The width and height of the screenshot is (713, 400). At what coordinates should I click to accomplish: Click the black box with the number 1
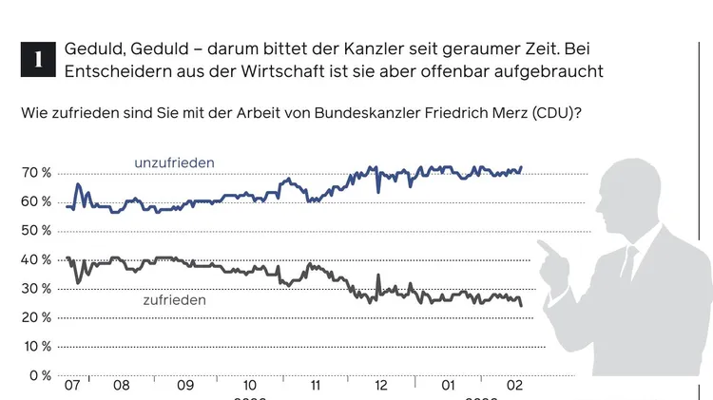37,58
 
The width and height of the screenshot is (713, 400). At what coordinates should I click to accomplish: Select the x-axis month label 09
185,387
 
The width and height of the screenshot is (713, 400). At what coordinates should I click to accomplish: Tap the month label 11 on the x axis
315,387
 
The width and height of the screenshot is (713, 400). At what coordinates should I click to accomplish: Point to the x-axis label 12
381,387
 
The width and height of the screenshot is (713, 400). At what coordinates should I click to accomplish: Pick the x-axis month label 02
514,387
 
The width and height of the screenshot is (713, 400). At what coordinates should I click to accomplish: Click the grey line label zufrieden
174,299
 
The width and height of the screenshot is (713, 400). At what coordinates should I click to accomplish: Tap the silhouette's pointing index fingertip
540,244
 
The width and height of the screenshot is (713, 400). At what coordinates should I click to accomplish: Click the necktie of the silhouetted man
628,262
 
